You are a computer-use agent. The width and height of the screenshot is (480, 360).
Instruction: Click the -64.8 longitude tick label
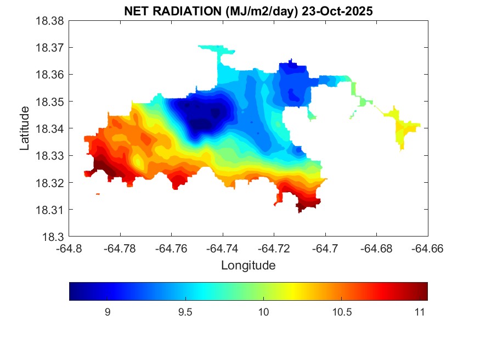[70, 249]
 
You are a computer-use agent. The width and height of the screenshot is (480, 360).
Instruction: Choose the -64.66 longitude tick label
[428, 249]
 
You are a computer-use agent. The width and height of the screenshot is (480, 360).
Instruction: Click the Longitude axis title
[248, 266]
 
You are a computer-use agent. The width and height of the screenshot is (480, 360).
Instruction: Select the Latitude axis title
[25, 128]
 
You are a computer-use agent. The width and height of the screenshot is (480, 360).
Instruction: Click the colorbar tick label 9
[108, 312]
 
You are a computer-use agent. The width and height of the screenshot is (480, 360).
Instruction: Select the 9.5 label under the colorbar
[185, 312]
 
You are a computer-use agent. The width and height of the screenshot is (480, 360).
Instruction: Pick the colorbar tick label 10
[263, 312]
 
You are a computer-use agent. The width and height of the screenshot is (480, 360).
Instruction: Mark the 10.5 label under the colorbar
[341, 312]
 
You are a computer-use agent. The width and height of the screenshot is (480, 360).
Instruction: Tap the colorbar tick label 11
[419, 312]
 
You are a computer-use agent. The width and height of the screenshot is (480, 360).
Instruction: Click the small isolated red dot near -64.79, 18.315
[98, 194]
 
